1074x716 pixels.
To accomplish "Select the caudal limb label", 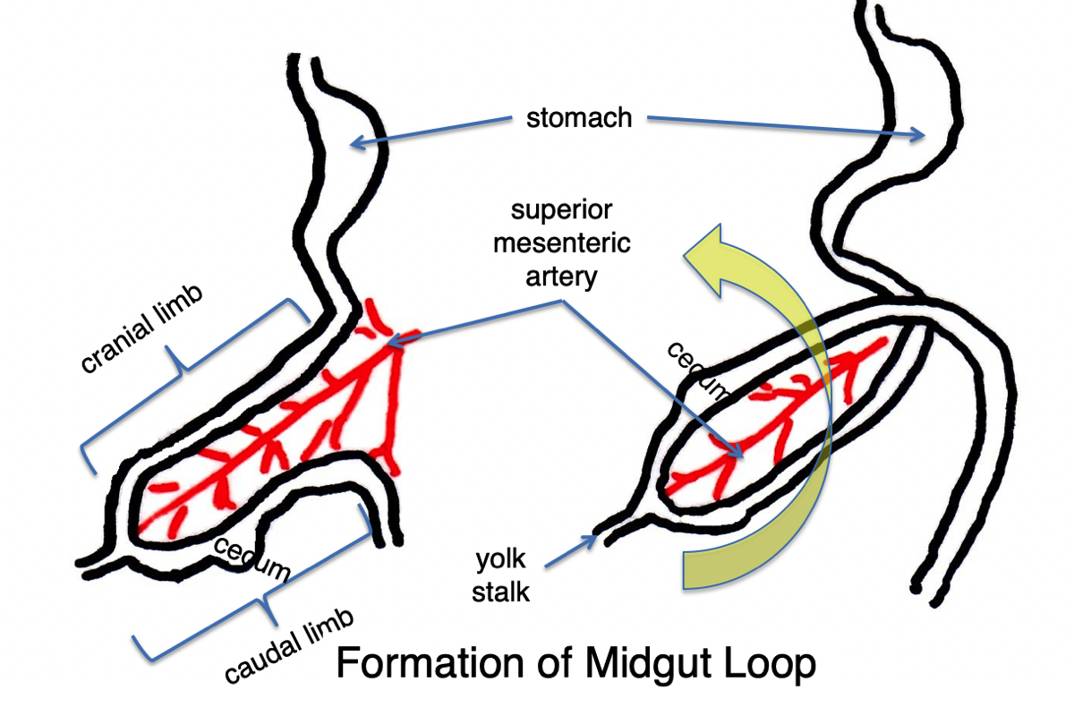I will coord(289,647).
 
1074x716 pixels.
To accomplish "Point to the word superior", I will coord(562,211).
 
